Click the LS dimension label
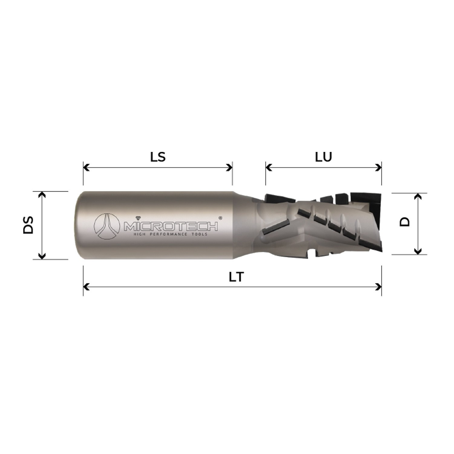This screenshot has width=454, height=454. point(158,157)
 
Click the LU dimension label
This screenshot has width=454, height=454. point(324,157)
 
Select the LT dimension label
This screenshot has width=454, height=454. point(236,277)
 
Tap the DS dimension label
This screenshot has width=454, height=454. point(28,225)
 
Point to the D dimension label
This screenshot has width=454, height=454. point(404,222)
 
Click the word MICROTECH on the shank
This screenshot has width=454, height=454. point(171,226)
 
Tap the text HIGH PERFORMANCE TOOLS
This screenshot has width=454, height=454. point(171,234)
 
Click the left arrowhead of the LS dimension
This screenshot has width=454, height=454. point(86,167)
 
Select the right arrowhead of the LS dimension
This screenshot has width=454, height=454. point(229,167)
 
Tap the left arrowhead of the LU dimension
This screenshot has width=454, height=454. point(269,167)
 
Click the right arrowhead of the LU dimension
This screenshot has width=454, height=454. point(379,167)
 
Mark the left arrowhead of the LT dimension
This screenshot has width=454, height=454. point(86,286)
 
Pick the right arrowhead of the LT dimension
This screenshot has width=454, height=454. point(379,286)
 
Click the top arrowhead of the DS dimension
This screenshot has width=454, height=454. point(42,194)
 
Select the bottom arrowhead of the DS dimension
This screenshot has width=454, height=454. point(42,256)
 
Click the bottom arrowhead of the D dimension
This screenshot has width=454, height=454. point(418,251)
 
